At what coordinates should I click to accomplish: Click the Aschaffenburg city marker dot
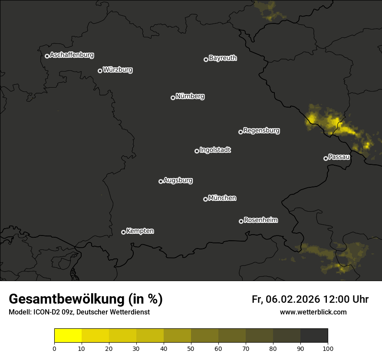pyautogui.click(x=47, y=56)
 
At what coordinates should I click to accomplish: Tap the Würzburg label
pyautogui.click(x=118, y=70)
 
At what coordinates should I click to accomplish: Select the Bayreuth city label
pyautogui.click(x=223, y=58)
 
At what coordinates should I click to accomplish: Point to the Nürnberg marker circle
pyautogui.click(x=173, y=98)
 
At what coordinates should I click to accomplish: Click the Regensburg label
pyautogui.click(x=261, y=131)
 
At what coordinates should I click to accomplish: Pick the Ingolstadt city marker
pyautogui.click(x=197, y=151)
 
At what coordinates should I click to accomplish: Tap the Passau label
pyautogui.click(x=339, y=157)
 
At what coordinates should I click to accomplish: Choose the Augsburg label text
pyautogui.click(x=178, y=180)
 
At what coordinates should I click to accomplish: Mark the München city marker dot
pyautogui.click(x=205, y=199)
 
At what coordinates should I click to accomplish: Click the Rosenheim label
pyautogui.click(x=260, y=220)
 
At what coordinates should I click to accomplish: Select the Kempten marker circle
pyautogui.click(x=123, y=232)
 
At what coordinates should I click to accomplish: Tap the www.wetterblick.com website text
pyautogui.click(x=313, y=312)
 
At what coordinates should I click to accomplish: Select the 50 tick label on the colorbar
pyautogui.click(x=191, y=348)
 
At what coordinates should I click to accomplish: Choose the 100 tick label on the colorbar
pyautogui.click(x=328, y=348)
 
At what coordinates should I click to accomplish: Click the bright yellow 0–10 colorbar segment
pyautogui.click(x=68, y=336)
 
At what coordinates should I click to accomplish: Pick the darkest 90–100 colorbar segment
pyautogui.click(x=314, y=336)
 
